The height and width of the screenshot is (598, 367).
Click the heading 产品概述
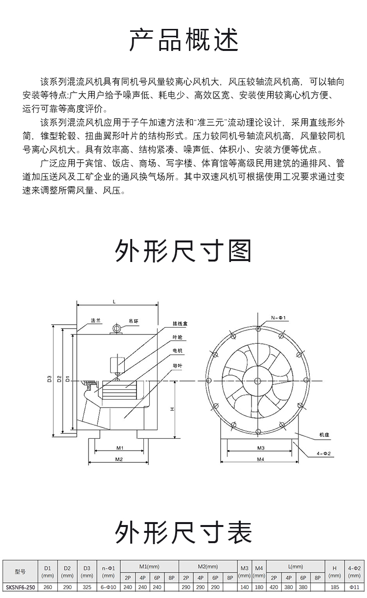point(184,40)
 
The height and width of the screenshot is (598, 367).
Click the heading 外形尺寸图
point(183,251)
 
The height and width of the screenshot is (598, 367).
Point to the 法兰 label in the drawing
point(95,321)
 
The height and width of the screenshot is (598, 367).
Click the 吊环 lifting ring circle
point(117,328)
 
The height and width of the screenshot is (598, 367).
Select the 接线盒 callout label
point(180,324)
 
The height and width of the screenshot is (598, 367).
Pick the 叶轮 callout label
point(177,337)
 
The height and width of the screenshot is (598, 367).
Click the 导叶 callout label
point(177,366)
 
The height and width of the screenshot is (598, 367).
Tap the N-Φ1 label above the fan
point(278,318)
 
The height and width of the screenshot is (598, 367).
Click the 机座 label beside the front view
point(324,435)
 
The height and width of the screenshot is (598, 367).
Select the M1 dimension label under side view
point(120,448)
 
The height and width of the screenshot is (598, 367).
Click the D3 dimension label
point(49,379)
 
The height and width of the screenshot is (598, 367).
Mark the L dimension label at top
point(114,302)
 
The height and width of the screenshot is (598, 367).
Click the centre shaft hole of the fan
point(257,381)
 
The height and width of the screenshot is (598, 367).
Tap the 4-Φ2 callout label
point(323,454)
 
